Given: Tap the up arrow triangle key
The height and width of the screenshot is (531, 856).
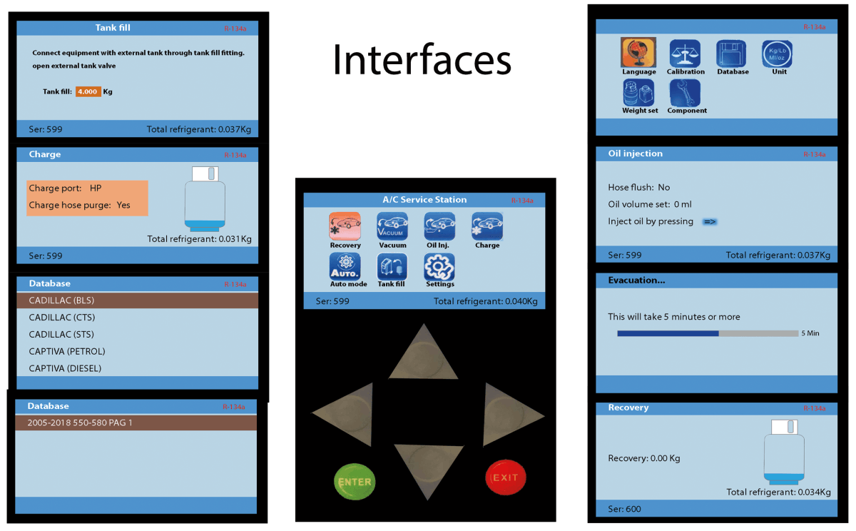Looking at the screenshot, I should click(423, 355).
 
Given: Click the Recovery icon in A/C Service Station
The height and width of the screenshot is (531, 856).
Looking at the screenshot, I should click(345, 226).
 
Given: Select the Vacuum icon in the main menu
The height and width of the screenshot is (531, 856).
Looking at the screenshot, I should click(392, 226).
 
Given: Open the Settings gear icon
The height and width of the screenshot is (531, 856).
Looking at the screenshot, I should click(439, 267).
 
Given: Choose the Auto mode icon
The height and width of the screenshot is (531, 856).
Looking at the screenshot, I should click(345, 267).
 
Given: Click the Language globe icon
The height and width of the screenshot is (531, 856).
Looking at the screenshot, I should click(638, 53).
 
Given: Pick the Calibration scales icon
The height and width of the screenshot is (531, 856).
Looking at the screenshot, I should click(685, 53).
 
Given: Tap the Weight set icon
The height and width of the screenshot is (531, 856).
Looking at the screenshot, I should click(639, 93).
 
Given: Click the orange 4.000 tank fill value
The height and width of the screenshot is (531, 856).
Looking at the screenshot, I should click(88, 91).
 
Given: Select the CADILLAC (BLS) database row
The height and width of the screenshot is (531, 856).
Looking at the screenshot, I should click(136, 301).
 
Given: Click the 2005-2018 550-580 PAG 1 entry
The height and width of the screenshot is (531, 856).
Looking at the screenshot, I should click(136, 423).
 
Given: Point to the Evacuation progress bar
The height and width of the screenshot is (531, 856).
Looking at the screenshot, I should click(707, 333).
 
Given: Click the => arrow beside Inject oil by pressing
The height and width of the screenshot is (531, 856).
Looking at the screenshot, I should click(710, 222).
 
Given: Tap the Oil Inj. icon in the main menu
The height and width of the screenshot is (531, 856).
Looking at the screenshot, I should click(439, 226).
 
